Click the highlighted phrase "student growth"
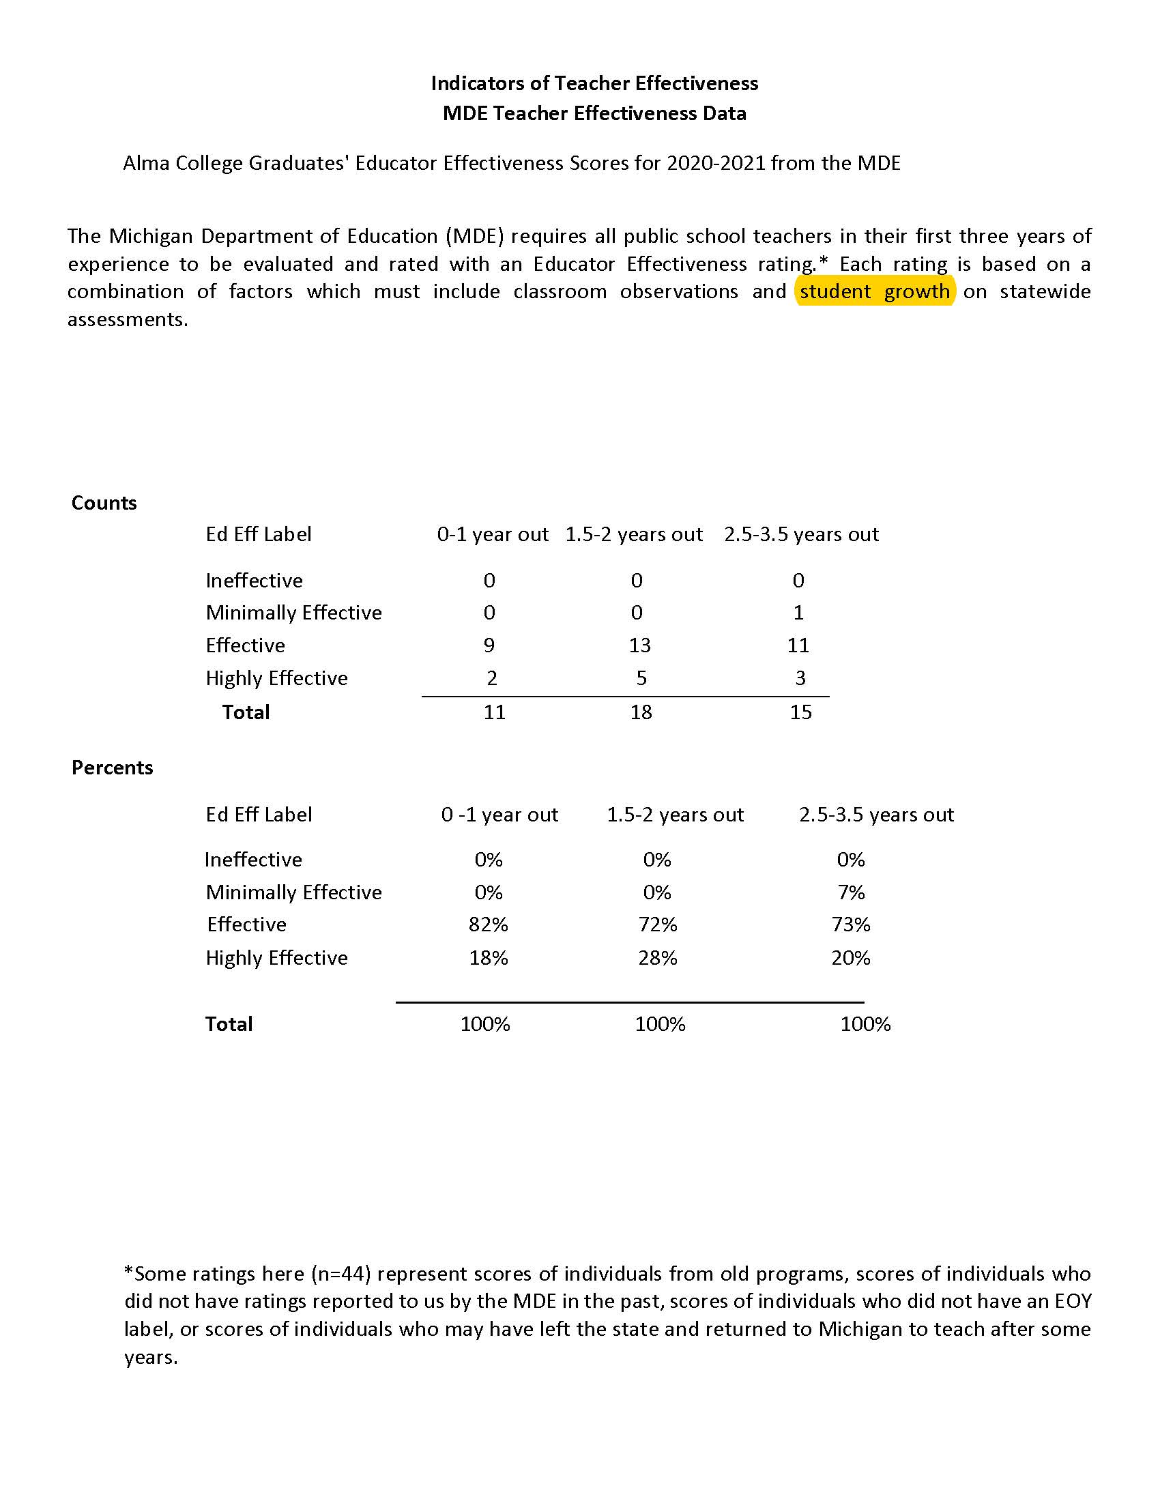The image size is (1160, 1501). click(x=874, y=291)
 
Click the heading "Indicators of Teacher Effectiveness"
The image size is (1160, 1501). click(x=594, y=83)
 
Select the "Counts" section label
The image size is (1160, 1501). click(x=104, y=502)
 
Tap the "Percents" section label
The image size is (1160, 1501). click(x=112, y=767)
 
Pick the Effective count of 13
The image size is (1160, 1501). click(x=640, y=645)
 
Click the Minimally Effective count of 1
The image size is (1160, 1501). click(x=798, y=612)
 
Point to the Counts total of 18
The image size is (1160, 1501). click(x=641, y=712)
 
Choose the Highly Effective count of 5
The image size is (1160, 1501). click(x=641, y=677)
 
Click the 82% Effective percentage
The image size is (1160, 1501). click(x=488, y=924)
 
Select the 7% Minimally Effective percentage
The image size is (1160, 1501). click(x=850, y=892)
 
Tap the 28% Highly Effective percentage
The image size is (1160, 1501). click(x=657, y=957)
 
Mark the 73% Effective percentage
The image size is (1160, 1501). click(x=850, y=924)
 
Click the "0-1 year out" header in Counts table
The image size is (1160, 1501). click(x=492, y=534)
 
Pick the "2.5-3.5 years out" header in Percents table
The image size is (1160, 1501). click(x=875, y=815)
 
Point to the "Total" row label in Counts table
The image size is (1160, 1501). click(x=246, y=712)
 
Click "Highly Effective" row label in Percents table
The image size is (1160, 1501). click(x=276, y=957)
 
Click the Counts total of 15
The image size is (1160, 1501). click(x=800, y=712)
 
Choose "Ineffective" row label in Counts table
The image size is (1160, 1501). click(x=254, y=580)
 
